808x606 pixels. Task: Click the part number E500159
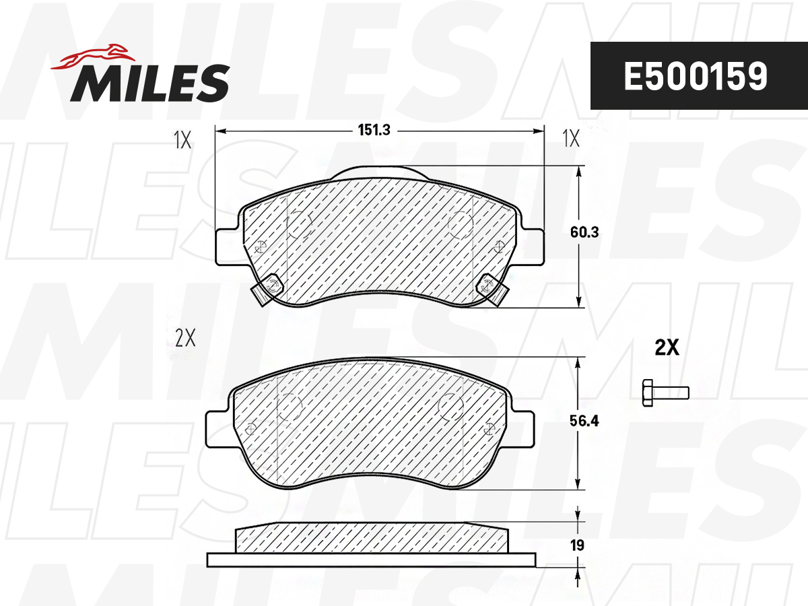(x=696, y=76)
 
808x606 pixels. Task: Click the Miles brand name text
(x=150, y=83)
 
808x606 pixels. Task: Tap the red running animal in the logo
(x=93, y=57)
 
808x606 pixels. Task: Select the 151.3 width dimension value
(x=374, y=130)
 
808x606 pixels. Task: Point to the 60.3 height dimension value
(x=584, y=232)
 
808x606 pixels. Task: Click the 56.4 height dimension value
(x=584, y=421)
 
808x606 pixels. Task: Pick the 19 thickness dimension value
(x=577, y=545)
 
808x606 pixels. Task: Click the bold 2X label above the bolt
(x=667, y=347)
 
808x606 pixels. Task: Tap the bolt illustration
(x=665, y=393)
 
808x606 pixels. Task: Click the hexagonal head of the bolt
(x=648, y=393)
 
